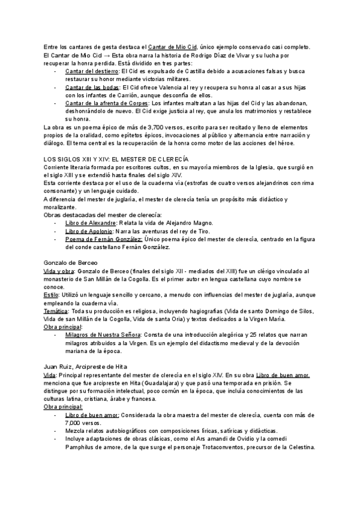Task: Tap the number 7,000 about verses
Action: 75,423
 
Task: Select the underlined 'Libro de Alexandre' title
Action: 90,222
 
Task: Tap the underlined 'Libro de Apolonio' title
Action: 88,230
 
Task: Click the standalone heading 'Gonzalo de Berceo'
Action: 71,263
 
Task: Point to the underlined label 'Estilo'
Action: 51,295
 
